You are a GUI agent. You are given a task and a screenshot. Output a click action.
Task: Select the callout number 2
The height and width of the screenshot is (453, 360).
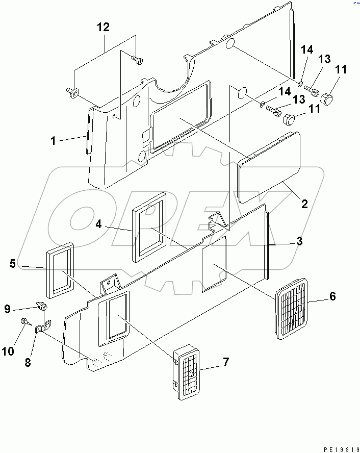304,205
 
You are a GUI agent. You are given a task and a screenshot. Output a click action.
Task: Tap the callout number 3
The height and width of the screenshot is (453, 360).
300,241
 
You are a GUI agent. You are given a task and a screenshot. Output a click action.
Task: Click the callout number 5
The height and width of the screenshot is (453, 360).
13,264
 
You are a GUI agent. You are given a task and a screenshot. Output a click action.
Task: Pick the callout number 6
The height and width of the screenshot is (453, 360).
332,296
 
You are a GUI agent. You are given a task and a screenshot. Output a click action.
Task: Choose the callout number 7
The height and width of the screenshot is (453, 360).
225,363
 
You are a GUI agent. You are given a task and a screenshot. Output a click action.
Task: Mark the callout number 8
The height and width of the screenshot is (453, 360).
28,363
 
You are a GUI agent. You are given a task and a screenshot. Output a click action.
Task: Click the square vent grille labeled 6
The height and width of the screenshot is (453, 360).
292,308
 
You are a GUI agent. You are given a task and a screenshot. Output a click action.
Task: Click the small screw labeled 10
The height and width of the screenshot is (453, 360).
25,321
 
